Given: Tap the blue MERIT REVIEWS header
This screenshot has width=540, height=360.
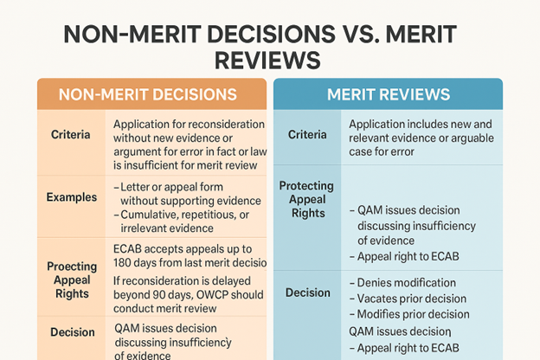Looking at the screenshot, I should click(387, 94).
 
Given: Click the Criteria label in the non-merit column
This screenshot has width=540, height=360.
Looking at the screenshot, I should click(73, 137).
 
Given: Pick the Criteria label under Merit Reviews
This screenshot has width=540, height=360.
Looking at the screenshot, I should click(307, 135).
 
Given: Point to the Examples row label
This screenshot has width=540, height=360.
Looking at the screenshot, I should click(72, 197).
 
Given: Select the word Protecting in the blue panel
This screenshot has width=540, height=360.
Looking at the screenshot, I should click(307, 186).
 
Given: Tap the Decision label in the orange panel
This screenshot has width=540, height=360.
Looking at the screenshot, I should click(73, 332).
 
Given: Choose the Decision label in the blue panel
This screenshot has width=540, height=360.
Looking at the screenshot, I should click(307, 292).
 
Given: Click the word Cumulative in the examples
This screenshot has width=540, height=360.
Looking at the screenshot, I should click(151, 214).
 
